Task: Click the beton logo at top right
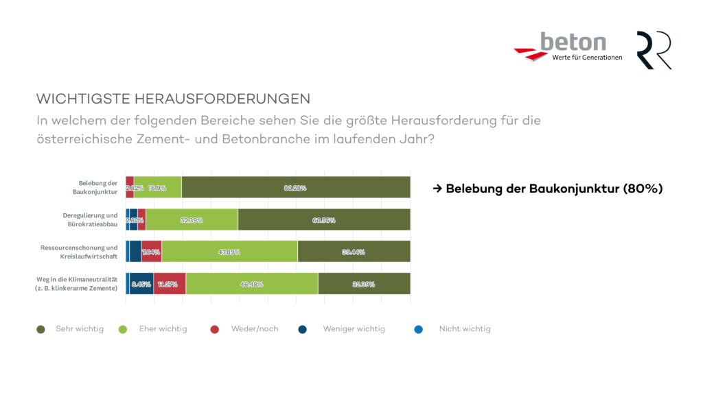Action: pyautogui.click(x=568, y=47)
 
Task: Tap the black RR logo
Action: pyautogui.click(x=654, y=50)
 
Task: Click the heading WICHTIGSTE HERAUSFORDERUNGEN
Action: pyautogui.click(x=173, y=98)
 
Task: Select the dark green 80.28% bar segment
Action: pyautogui.click(x=295, y=187)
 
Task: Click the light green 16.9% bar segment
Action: pyautogui.click(x=157, y=187)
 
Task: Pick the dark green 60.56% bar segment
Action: pyautogui.click(x=323, y=219)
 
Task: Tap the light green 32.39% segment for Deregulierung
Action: pyautogui.click(x=192, y=219)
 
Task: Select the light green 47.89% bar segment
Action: pyautogui.click(x=229, y=252)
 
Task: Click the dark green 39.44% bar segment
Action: pyautogui.click(x=354, y=252)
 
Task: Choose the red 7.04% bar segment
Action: pyautogui.click(x=152, y=252)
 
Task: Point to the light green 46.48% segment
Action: pyautogui.click(x=252, y=284)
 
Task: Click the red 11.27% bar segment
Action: pyautogui.click(x=170, y=284)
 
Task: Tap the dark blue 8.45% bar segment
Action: pyautogui.click(x=141, y=284)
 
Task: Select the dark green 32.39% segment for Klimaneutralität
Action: pyautogui.click(x=364, y=284)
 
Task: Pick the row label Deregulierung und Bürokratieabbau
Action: pyautogui.click(x=90, y=219)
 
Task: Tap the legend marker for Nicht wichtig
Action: pyautogui.click(x=419, y=329)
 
